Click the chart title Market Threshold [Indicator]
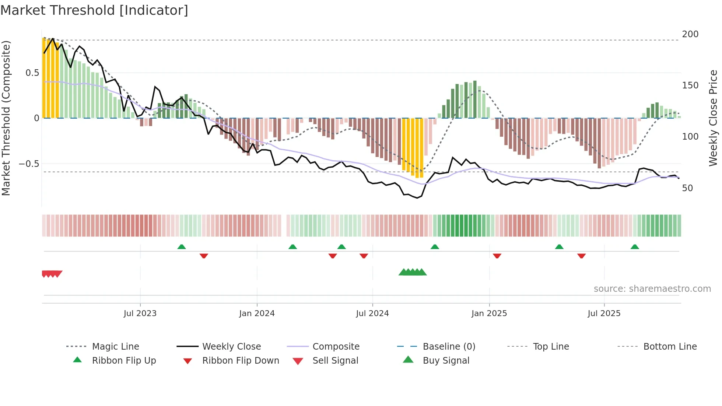pyautogui.click(x=94, y=10)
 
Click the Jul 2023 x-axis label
pyautogui.click(x=140, y=314)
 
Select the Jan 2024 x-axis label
pyautogui.click(x=257, y=314)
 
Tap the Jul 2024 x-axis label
pyautogui.click(x=372, y=314)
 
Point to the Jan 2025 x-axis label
pyautogui.click(x=489, y=314)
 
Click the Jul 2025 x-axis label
pyautogui.click(x=604, y=314)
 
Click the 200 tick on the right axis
pyautogui.click(x=690, y=34)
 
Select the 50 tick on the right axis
pyautogui.click(x=687, y=188)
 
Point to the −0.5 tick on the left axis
pyautogui.click(x=29, y=164)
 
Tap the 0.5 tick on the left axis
pyautogui.click(x=32, y=73)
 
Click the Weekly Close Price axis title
pyautogui.click(x=713, y=118)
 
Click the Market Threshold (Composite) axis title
pyautogui.click(x=6, y=118)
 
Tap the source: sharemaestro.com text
pyautogui.click(x=652, y=289)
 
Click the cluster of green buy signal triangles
pyautogui.click(x=413, y=273)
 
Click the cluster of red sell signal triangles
pyautogui.click(x=52, y=274)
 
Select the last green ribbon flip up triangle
pyautogui.click(x=635, y=247)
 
